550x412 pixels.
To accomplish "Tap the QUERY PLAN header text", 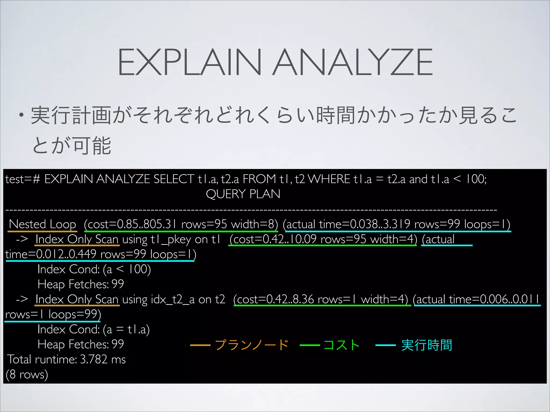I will tap(243, 194).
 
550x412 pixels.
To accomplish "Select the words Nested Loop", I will tap(42, 224).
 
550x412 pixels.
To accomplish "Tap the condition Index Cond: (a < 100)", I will tap(94, 269).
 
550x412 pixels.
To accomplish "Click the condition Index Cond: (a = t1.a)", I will tap(93, 329).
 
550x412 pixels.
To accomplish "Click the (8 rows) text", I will tap(27, 374).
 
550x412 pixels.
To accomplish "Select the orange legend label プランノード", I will tap(251, 345).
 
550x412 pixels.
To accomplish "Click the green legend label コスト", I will tap(341, 345).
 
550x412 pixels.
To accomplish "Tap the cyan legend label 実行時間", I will tap(426, 345).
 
